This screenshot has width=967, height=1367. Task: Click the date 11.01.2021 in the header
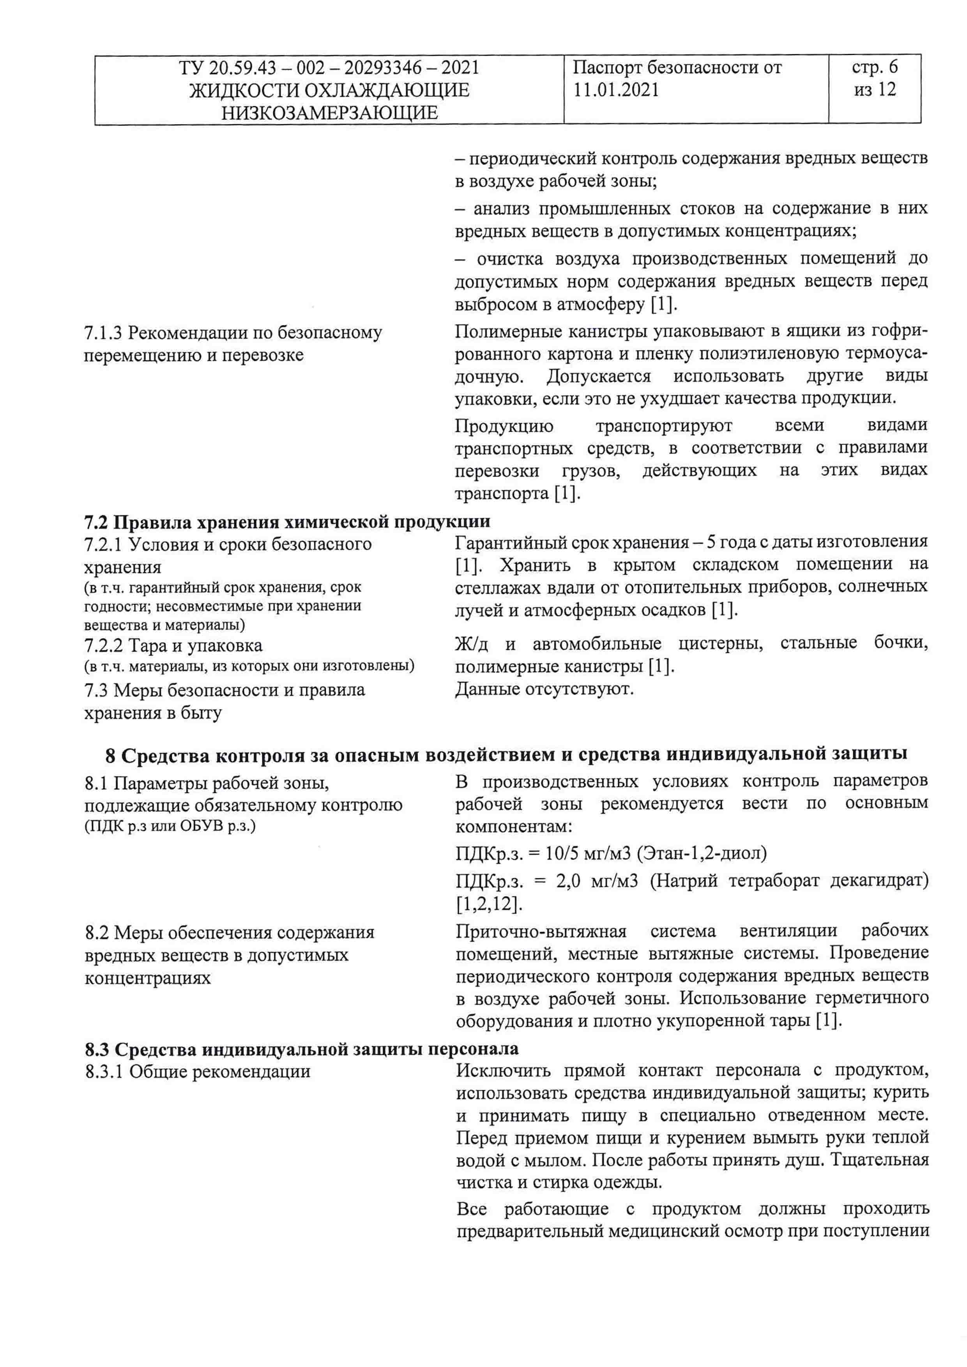coord(616,90)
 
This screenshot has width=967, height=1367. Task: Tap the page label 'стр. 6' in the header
coord(874,67)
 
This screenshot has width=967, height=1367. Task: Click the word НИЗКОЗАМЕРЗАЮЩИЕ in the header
coord(329,113)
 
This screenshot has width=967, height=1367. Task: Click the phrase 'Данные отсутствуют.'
coord(544,689)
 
